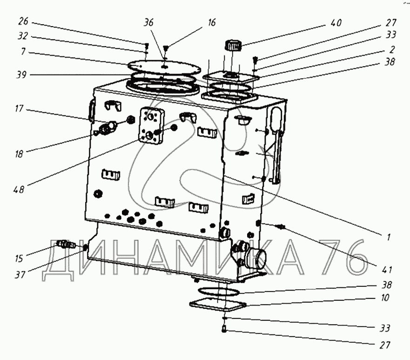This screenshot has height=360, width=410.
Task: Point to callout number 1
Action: pos(386,237)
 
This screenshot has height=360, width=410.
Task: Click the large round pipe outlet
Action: pos(258,258)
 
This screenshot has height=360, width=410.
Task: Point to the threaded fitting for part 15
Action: pos(65,244)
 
